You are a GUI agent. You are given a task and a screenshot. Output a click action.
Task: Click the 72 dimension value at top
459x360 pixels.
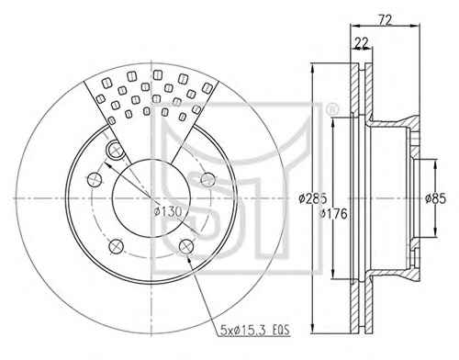tap(386, 20)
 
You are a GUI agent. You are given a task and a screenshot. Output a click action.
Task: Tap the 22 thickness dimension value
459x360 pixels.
tap(362, 43)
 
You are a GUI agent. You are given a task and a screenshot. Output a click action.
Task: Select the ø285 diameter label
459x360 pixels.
tap(313, 199)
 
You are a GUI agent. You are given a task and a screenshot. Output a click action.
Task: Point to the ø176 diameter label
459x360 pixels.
tap(333, 213)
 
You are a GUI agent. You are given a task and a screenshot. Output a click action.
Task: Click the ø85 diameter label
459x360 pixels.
tap(435, 199)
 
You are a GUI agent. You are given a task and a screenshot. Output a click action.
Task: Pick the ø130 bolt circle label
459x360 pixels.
tap(168, 211)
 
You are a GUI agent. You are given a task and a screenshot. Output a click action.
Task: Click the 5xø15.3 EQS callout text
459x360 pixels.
tap(254, 331)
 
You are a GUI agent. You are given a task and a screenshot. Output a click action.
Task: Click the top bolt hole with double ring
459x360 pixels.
tap(116, 149)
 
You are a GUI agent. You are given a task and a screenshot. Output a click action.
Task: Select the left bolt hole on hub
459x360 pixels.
tap(95, 179)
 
